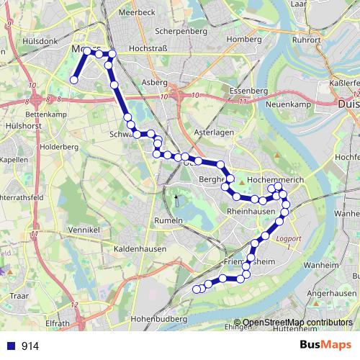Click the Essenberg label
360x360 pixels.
point(248,92)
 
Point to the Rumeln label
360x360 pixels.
point(167,220)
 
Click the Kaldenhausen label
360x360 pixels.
point(140,248)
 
